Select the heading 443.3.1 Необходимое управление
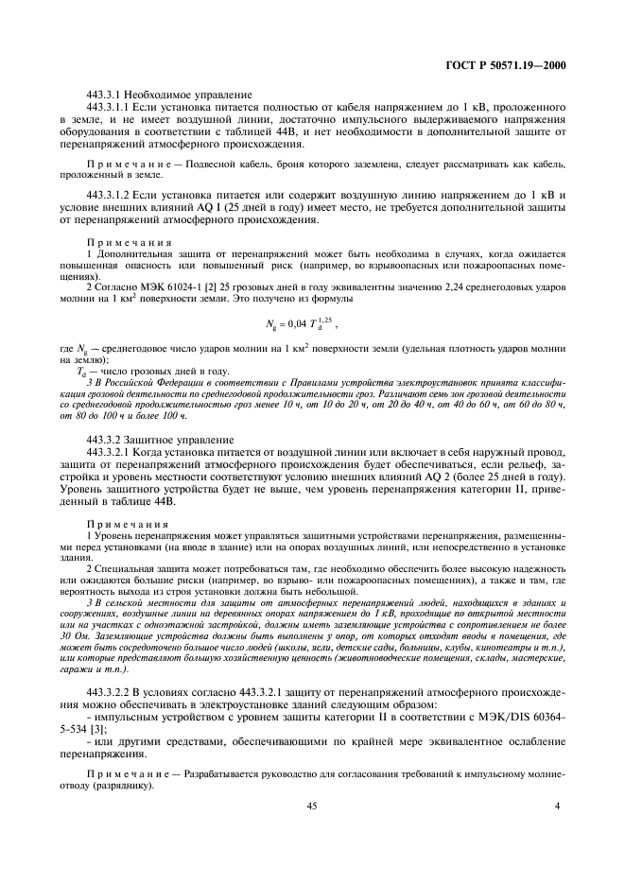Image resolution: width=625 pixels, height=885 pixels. point(168,95)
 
